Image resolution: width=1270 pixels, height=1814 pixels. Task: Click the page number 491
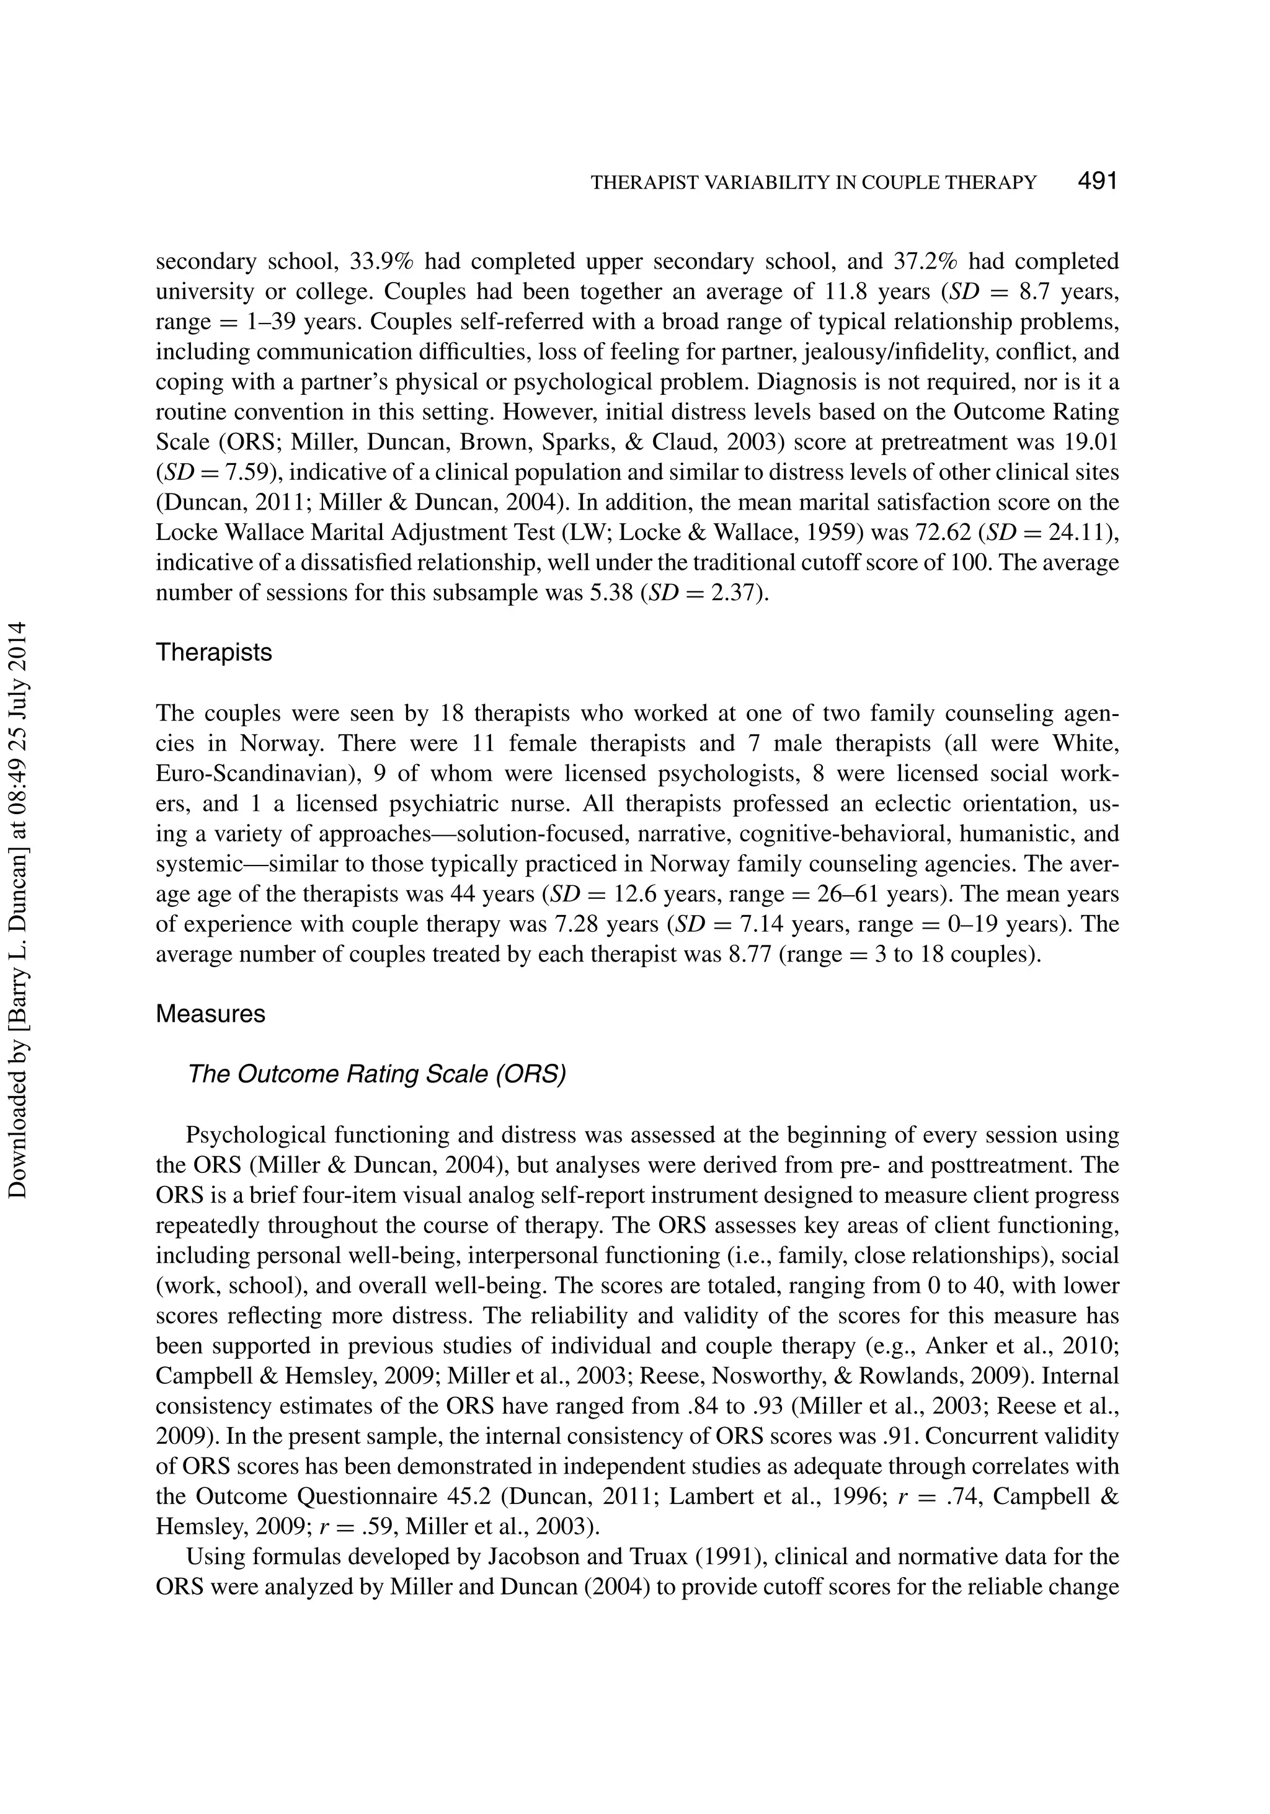1097,181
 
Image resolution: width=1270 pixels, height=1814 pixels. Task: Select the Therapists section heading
213,653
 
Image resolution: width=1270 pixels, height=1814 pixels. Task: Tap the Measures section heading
210,1014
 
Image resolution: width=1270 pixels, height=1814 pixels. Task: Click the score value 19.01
1091,441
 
